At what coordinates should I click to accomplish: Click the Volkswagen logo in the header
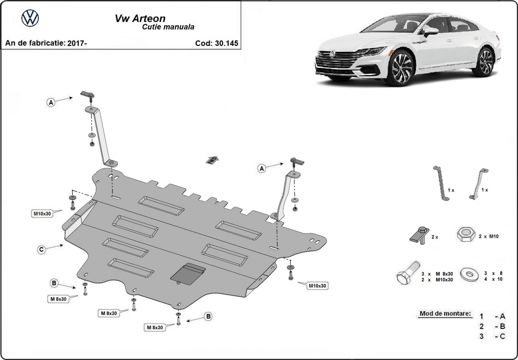[x=30, y=18]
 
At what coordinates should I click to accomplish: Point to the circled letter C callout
[x=41, y=249]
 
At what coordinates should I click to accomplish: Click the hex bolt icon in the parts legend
[x=407, y=274]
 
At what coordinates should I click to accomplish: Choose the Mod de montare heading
[x=445, y=313]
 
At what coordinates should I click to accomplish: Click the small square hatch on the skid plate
[x=188, y=273]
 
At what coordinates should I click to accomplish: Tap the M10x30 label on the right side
[x=317, y=285]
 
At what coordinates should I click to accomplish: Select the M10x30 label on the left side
[x=41, y=214]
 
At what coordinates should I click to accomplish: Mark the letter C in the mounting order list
[x=502, y=337]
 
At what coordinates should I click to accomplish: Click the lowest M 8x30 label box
[x=154, y=328]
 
